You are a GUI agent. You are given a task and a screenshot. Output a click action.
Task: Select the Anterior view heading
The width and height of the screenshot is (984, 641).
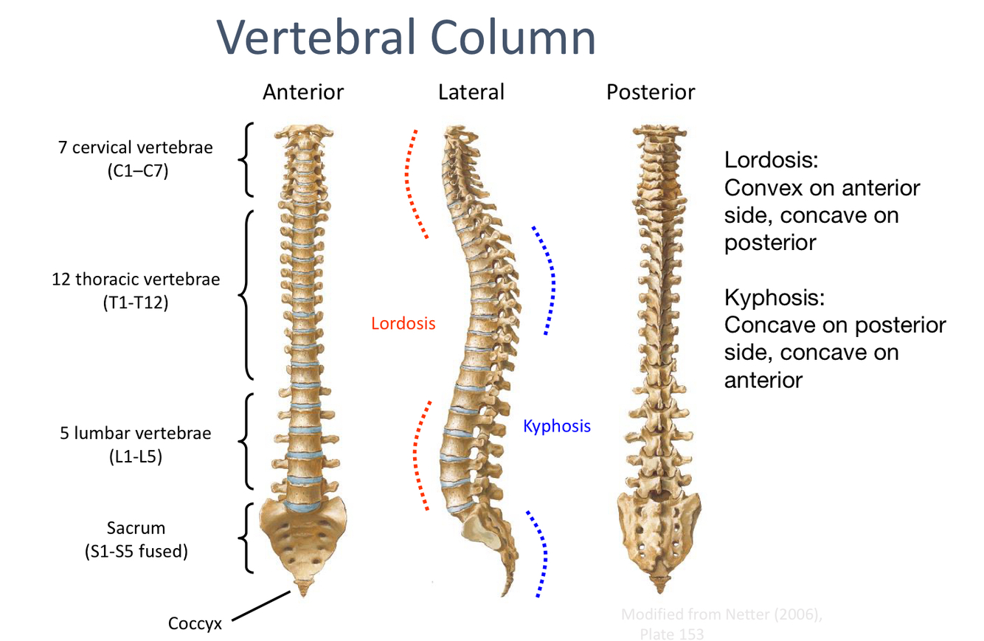pyautogui.click(x=303, y=92)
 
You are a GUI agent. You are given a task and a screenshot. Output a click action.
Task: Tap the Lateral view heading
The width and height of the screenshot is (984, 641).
pyautogui.click(x=471, y=92)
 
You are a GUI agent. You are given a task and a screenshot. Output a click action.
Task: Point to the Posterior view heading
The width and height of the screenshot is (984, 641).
pyautogui.click(x=650, y=92)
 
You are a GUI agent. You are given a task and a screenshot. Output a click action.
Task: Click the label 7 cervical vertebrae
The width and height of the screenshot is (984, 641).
pyautogui.click(x=135, y=147)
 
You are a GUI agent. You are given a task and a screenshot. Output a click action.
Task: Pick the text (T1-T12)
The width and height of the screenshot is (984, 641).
pyautogui.click(x=136, y=302)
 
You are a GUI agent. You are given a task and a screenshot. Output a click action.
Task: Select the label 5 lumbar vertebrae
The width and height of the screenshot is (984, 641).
pyautogui.click(x=135, y=433)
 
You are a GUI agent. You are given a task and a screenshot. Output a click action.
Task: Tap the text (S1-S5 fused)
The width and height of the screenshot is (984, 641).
pyautogui.click(x=135, y=551)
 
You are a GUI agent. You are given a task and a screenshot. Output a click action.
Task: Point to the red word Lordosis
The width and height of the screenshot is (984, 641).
pyautogui.click(x=403, y=323)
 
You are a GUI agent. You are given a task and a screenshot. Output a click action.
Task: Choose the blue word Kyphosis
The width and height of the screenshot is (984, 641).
pyautogui.click(x=557, y=426)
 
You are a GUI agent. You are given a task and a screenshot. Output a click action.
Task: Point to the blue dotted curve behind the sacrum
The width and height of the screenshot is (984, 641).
pyautogui.click(x=542, y=553)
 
